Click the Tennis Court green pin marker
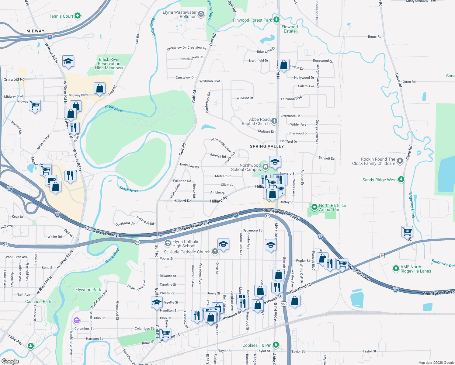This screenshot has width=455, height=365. pyautogui.click(x=78, y=16)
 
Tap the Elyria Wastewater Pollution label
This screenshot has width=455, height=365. pyautogui.click(x=180, y=14)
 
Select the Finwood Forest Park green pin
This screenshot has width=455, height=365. pyautogui.click(x=276, y=20)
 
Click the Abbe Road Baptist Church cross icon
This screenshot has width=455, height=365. pyautogui.click(x=274, y=121)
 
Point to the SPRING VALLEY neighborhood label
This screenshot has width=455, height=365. pyautogui.click(x=267, y=146)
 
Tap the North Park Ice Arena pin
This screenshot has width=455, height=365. pyautogui.click(x=314, y=207)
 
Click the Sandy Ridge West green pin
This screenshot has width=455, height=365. pyautogui.click(x=401, y=179)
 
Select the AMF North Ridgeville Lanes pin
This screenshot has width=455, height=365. pyautogui.click(x=396, y=268)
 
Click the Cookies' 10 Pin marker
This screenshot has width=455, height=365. pyautogui.click(x=276, y=345)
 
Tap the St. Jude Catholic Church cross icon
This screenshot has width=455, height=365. pyautogui.click(x=215, y=251)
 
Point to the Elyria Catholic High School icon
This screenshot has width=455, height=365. pyautogui.click(x=168, y=243)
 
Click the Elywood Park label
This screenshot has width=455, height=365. pyautogui.click(x=88, y=290)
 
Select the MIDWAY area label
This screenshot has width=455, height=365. pyautogui.click(x=35, y=31)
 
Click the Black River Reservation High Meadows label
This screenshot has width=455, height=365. pyautogui.click(x=109, y=64)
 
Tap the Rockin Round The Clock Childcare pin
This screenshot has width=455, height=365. pyautogui.click(x=400, y=161)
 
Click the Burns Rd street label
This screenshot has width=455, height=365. pyautogui.click(x=374, y=36)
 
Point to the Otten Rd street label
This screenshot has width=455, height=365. pyautogui.click(x=409, y=82)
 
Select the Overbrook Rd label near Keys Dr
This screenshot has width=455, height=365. pyautogui.click(x=125, y=224)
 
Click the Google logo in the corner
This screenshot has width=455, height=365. pyautogui.click(x=10, y=361)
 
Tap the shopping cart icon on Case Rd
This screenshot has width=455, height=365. pyautogui.click(x=407, y=232)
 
